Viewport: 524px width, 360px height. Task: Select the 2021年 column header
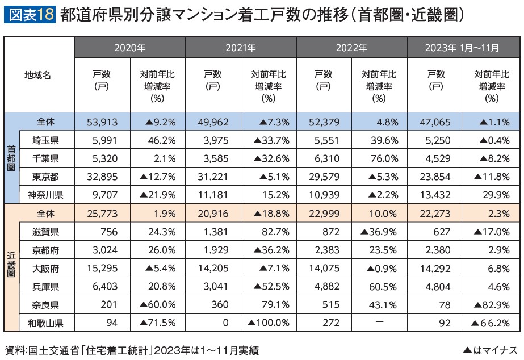point(241,48)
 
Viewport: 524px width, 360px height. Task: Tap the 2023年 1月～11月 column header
point(463,48)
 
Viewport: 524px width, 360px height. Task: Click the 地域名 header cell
point(39,76)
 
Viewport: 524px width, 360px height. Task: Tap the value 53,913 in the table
point(102,122)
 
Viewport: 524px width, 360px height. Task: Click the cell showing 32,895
point(102,177)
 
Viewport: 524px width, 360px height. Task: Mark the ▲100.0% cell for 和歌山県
point(269,323)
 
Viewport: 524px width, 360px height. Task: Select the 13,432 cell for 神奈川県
point(435,195)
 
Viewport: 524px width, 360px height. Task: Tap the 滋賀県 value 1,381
point(214,232)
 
